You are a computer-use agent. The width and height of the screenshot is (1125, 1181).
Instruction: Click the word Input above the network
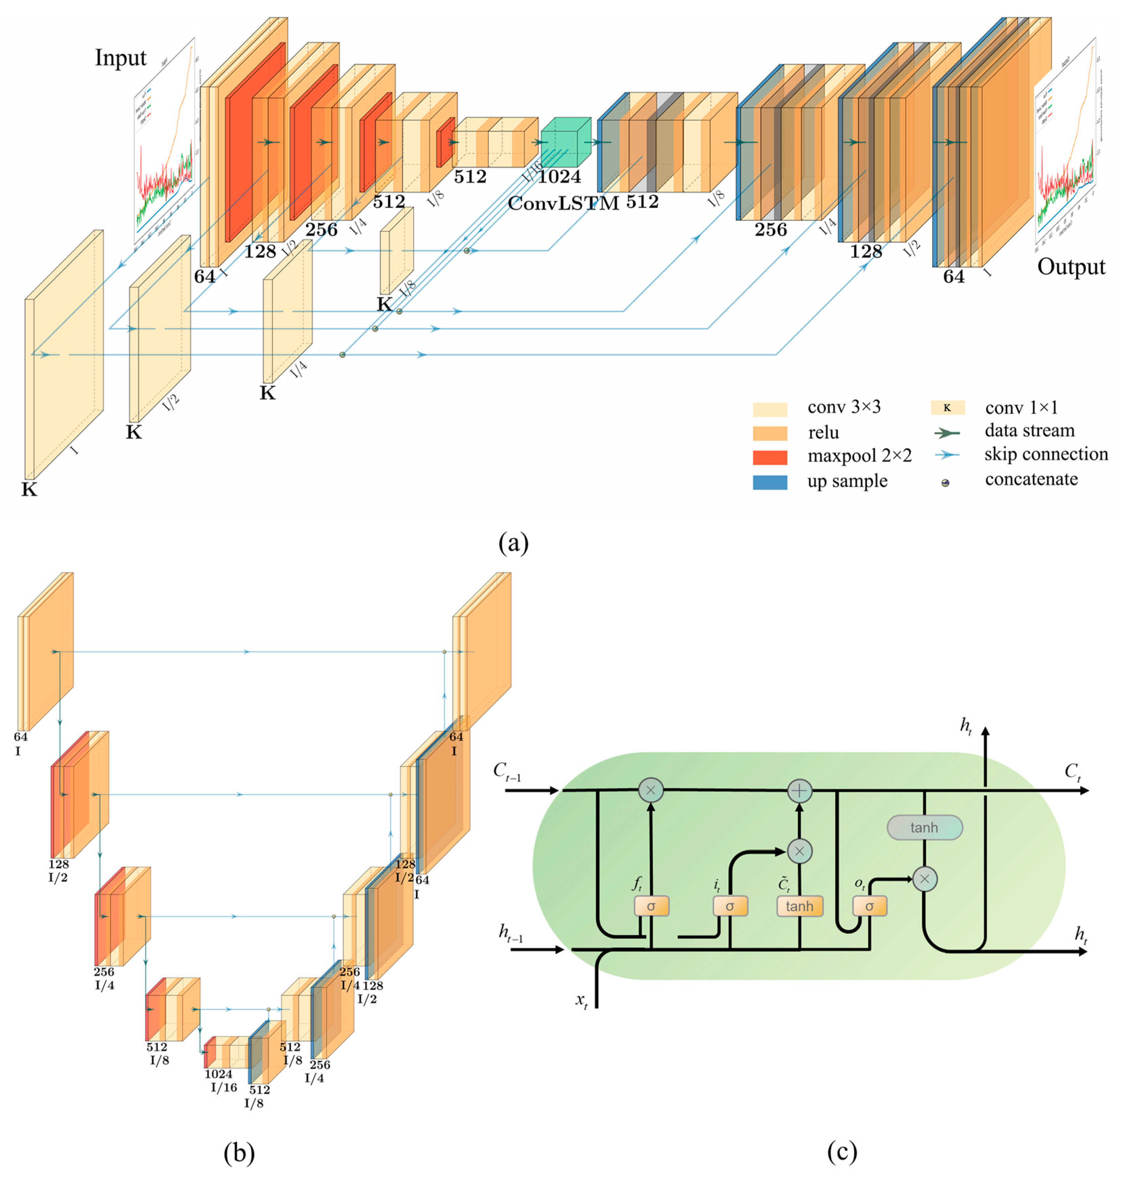(120, 58)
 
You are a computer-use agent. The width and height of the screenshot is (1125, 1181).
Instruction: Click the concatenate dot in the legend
(946, 483)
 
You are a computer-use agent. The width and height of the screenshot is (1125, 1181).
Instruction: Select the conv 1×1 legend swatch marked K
(947, 408)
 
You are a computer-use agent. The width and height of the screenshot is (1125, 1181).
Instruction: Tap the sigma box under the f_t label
(651, 906)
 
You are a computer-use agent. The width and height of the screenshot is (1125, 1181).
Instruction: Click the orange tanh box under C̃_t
(799, 906)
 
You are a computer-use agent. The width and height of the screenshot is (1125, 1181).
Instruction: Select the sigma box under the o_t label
(869, 906)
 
